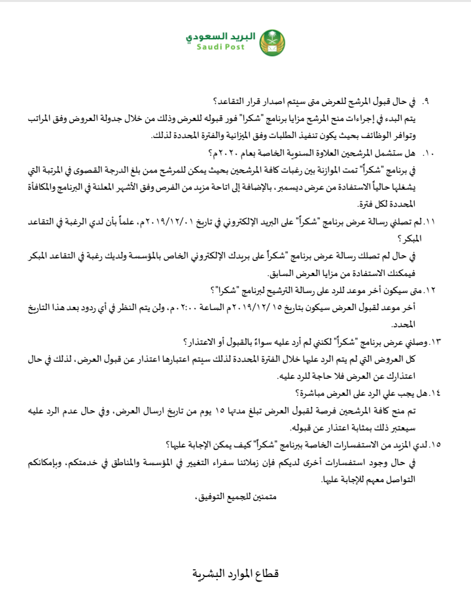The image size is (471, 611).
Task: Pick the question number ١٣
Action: [x=434, y=341]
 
